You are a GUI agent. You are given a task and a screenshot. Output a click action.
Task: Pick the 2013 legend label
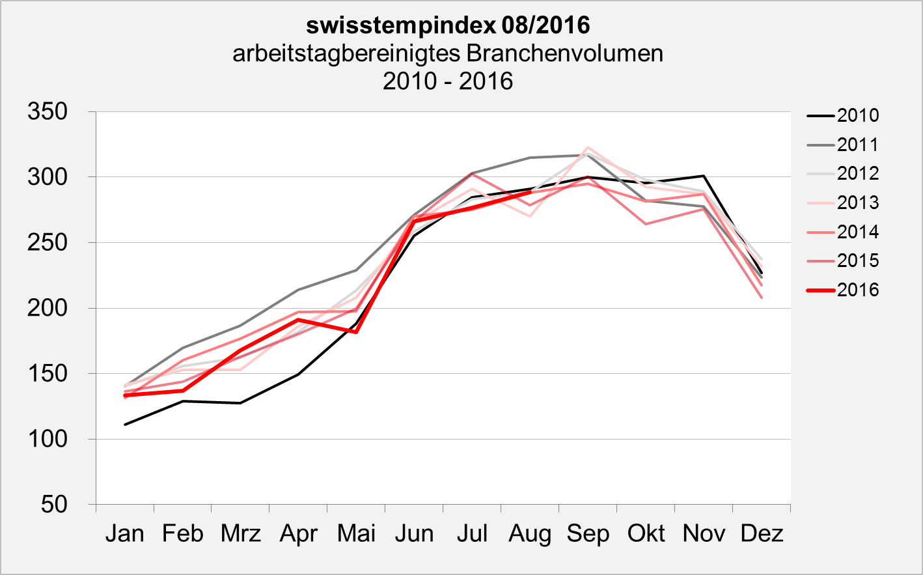pos(857,203)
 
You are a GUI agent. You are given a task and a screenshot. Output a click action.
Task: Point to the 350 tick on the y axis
pos(48,111)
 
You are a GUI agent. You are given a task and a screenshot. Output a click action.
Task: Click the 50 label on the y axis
pos(54,504)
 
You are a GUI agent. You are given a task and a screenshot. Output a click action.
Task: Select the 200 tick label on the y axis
pos(48,308)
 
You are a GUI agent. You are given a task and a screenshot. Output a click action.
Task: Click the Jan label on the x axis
pos(124,534)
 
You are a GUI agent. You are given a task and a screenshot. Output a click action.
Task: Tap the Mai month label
pos(356,534)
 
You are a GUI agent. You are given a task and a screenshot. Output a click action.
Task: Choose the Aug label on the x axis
pos(530,534)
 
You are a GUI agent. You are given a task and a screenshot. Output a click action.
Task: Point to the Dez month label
pos(762,534)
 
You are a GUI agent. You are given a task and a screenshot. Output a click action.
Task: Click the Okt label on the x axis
pos(646,534)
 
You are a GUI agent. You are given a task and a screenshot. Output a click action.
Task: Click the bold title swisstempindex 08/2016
pos(448,25)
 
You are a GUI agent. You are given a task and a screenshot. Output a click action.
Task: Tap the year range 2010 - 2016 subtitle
pos(448,81)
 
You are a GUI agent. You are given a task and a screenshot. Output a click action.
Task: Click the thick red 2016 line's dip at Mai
pos(356,331)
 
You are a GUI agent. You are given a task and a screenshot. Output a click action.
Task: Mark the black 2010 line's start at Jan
pos(125,425)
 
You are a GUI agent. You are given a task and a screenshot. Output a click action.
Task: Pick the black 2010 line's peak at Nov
pos(704,176)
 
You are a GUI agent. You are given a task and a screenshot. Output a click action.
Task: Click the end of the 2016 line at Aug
pos(530,192)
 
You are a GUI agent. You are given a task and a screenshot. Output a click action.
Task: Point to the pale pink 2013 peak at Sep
pos(588,147)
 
